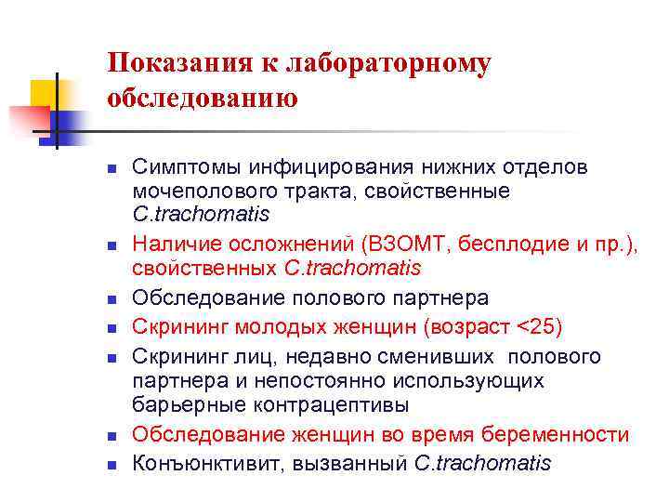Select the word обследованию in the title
tap(203, 98)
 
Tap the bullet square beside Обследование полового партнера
tap(111, 300)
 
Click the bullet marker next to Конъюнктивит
tap(111, 464)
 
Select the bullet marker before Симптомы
tap(111, 168)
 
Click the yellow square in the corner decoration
tap(44, 92)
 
